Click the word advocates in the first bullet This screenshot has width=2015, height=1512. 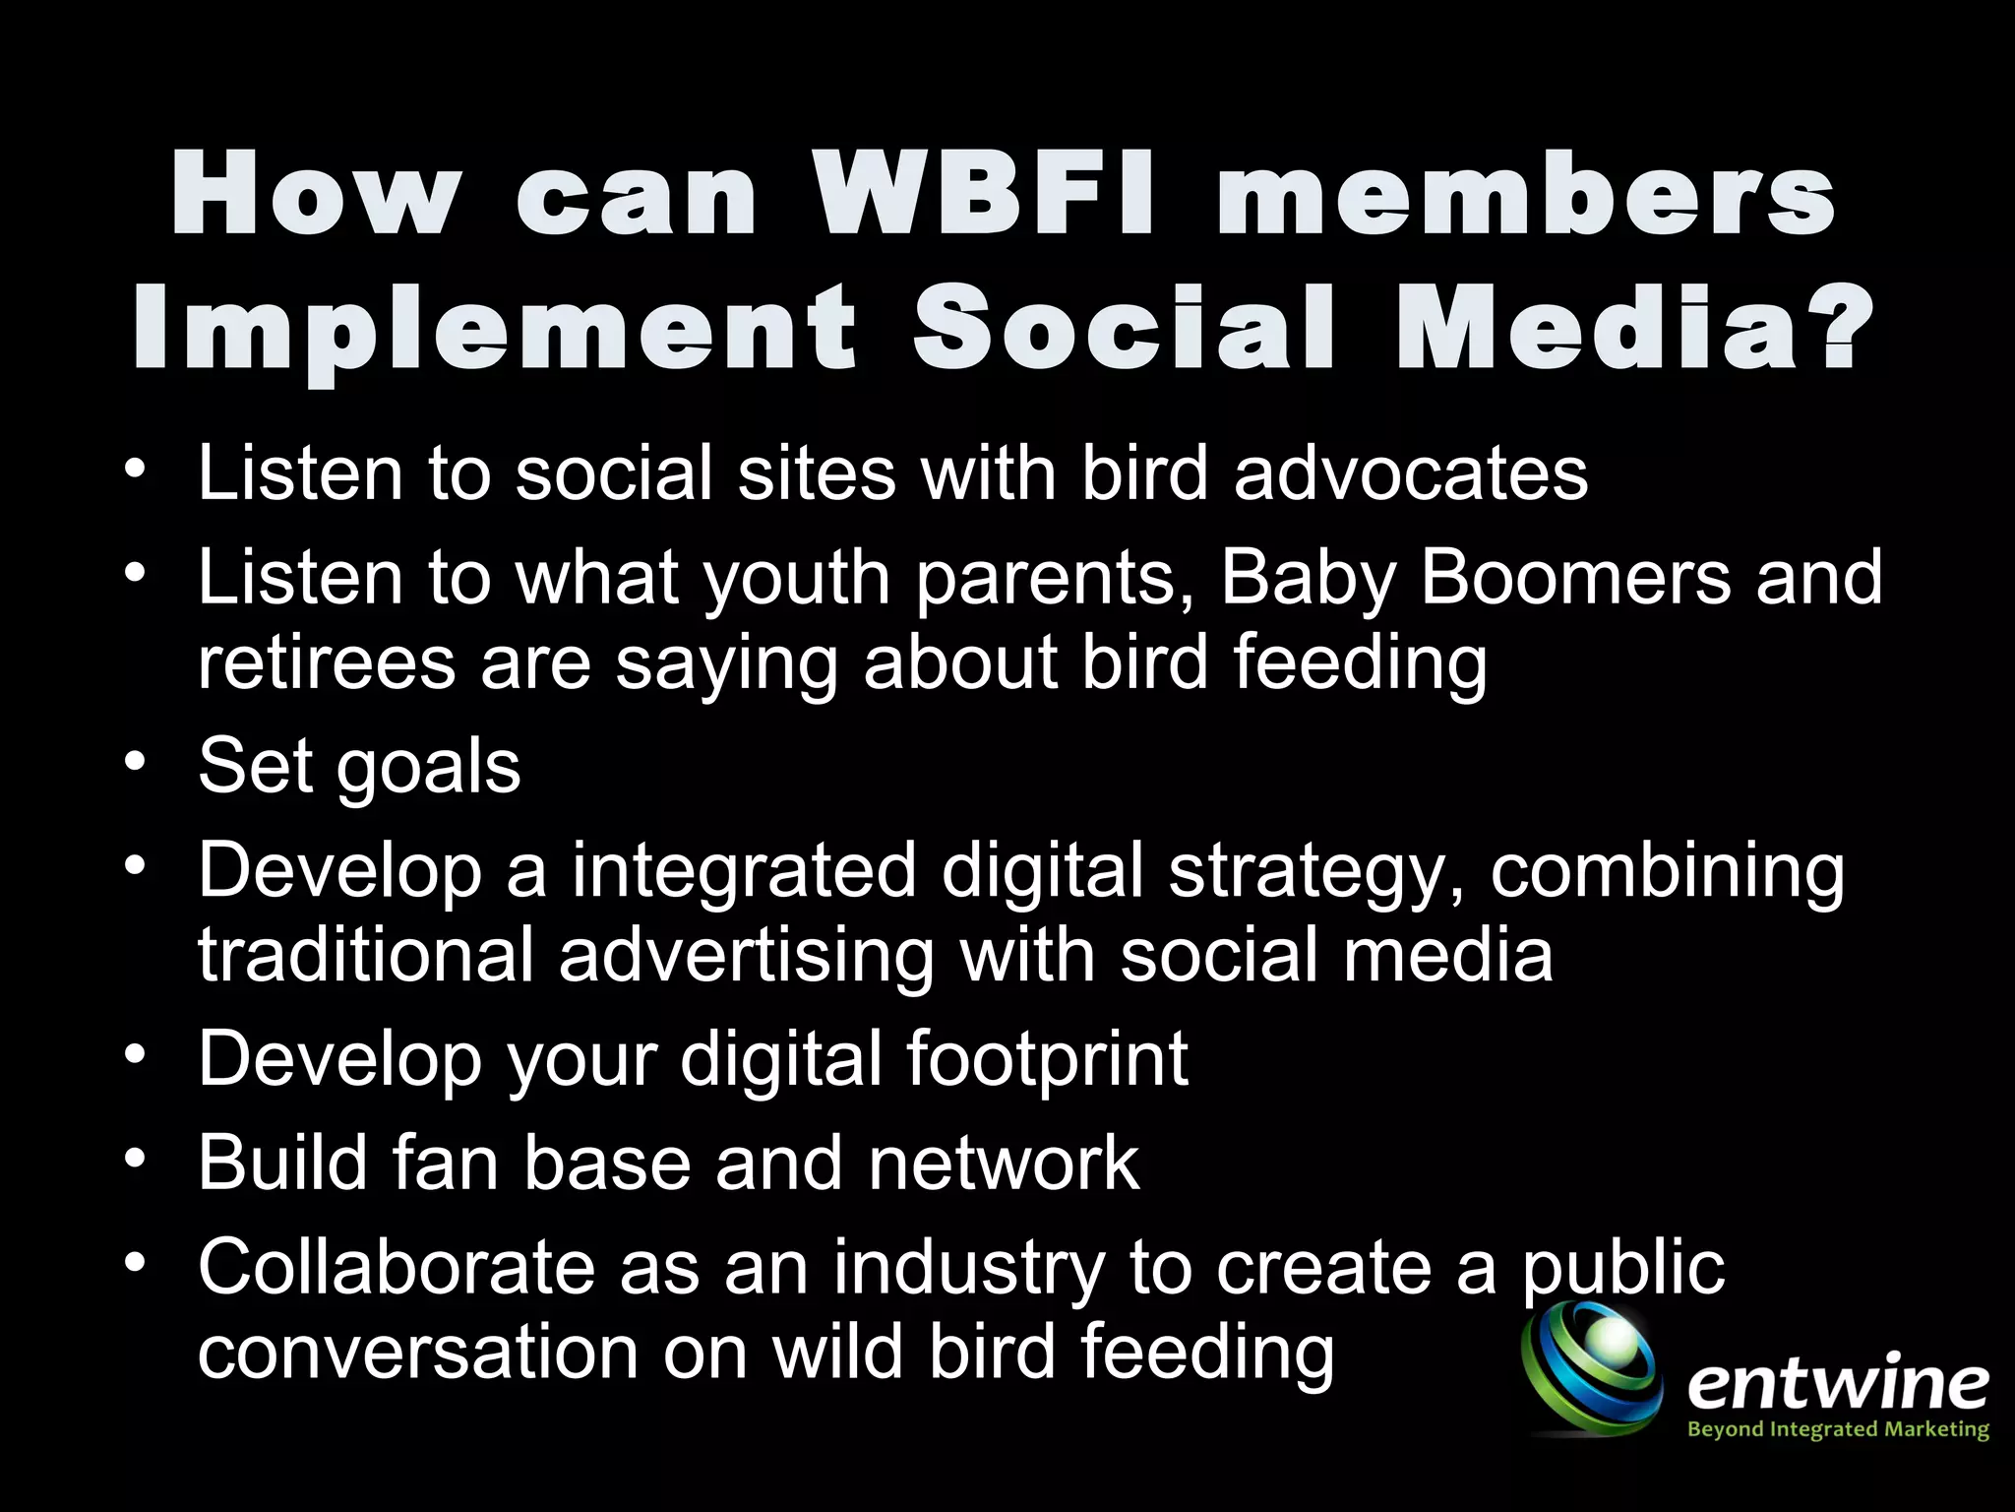(1410, 473)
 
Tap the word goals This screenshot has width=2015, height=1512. (428, 769)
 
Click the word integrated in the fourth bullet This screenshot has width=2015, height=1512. (744, 871)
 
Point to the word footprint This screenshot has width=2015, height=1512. (1047, 1061)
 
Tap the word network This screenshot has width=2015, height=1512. (1003, 1164)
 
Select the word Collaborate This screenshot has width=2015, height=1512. (397, 1267)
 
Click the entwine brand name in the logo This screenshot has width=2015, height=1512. (1837, 1384)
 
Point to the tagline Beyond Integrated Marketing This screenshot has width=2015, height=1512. (1838, 1428)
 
